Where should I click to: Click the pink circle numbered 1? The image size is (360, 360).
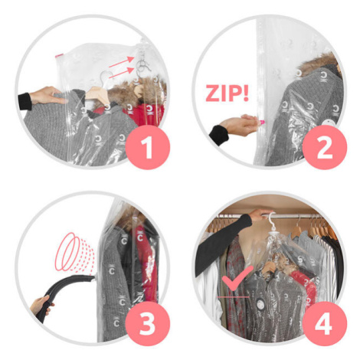pos(148,147)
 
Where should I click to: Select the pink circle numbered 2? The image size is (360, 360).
pos(325,147)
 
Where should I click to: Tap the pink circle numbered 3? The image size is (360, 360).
pos(148,324)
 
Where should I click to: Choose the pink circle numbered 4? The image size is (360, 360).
pos(325,324)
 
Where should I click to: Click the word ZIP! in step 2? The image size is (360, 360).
pos(227,93)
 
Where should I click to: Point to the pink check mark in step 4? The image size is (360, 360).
pos(237,277)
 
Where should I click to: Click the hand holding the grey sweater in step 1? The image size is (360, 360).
pos(48,95)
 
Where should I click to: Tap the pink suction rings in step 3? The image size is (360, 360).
pos(74,251)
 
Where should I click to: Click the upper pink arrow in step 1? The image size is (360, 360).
pos(121,62)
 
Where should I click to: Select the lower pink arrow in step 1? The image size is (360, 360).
pos(121,74)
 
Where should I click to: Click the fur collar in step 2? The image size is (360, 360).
pos(320,63)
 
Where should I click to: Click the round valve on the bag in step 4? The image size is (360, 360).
pos(260,304)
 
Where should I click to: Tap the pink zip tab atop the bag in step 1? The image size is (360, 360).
pos(58,55)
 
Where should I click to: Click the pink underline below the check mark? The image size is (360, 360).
pos(233,297)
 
